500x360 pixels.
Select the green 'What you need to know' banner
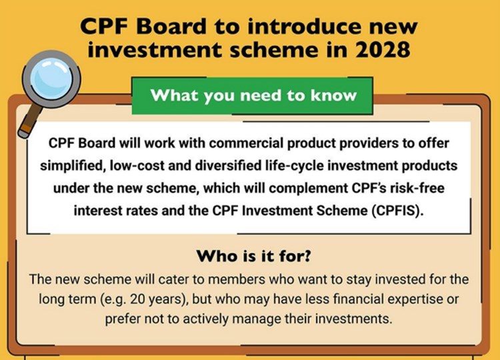pyautogui.click(x=253, y=95)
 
